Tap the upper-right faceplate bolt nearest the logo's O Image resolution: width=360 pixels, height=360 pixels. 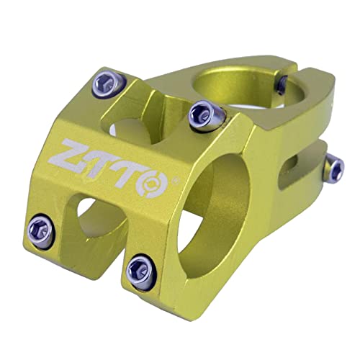point(206,115)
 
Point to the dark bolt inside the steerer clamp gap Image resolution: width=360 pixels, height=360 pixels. point(282,84)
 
